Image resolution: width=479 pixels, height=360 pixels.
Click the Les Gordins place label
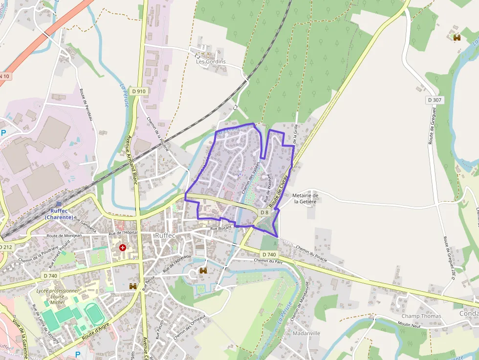(211, 62)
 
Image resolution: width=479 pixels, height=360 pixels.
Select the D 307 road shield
(434, 100)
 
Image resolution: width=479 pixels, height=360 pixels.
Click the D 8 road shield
(264, 212)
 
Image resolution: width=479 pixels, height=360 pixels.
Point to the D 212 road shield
(5, 247)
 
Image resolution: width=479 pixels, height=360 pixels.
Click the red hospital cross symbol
(122, 248)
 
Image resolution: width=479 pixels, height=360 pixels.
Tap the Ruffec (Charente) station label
(59, 214)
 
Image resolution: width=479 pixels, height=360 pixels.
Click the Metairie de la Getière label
(305, 198)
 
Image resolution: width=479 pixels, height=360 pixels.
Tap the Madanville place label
(306, 333)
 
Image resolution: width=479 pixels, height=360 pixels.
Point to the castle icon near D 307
(457, 37)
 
